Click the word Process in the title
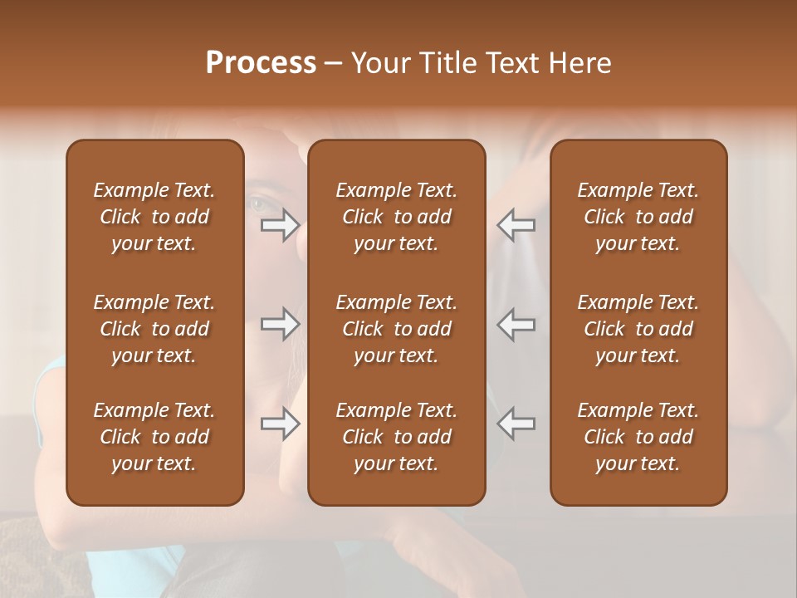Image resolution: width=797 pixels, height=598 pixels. (x=261, y=62)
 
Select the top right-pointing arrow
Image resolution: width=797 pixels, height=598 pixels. (x=281, y=224)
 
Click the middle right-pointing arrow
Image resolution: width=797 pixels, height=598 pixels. (x=281, y=324)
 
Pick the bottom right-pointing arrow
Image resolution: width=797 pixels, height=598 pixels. (x=281, y=424)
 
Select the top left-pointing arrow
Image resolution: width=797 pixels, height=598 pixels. (x=516, y=224)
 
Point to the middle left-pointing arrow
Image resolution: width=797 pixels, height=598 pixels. (x=516, y=324)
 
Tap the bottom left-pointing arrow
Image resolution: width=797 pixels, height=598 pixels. (x=516, y=424)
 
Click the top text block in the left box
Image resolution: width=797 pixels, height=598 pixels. (x=154, y=217)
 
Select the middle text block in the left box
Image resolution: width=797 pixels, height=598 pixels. (x=154, y=329)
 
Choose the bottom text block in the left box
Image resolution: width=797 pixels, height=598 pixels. (x=154, y=437)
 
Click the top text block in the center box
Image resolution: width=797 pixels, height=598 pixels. (x=396, y=217)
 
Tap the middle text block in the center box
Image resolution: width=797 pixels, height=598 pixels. (x=396, y=329)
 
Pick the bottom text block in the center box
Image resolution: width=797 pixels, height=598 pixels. (x=396, y=437)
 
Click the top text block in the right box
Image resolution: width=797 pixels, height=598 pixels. (x=638, y=217)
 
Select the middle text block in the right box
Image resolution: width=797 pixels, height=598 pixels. (x=638, y=329)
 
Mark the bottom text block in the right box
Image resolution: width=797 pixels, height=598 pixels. (x=638, y=437)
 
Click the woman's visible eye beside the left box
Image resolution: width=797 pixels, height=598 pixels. (x=257, y=203)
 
